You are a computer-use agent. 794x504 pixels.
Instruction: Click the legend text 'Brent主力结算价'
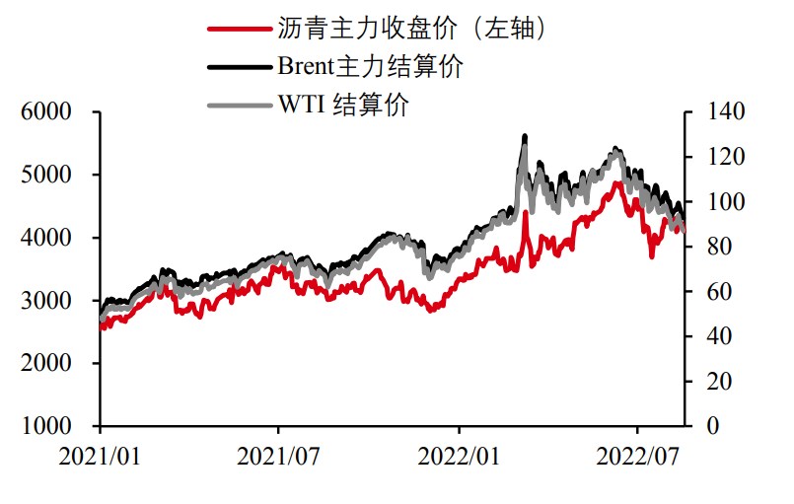[370, 66]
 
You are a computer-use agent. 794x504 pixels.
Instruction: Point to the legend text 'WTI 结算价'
[343, 104]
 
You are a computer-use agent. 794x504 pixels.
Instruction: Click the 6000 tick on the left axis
[50, 112]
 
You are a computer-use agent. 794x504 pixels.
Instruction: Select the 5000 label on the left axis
[50, 176]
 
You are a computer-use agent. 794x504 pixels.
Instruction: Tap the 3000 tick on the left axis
[50, 301]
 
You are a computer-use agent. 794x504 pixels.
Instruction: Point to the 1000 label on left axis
[50, 426]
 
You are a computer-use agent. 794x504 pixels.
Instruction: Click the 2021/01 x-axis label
[101, 458]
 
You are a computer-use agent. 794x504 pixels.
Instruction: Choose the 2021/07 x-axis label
[279, 458]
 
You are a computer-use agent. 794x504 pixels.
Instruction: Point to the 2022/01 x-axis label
[459, 458]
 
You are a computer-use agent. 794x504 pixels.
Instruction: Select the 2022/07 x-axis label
[637, 458]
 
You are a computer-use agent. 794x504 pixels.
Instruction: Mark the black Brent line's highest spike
[525, 136]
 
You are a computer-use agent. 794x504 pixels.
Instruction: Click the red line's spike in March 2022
[526, 213]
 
